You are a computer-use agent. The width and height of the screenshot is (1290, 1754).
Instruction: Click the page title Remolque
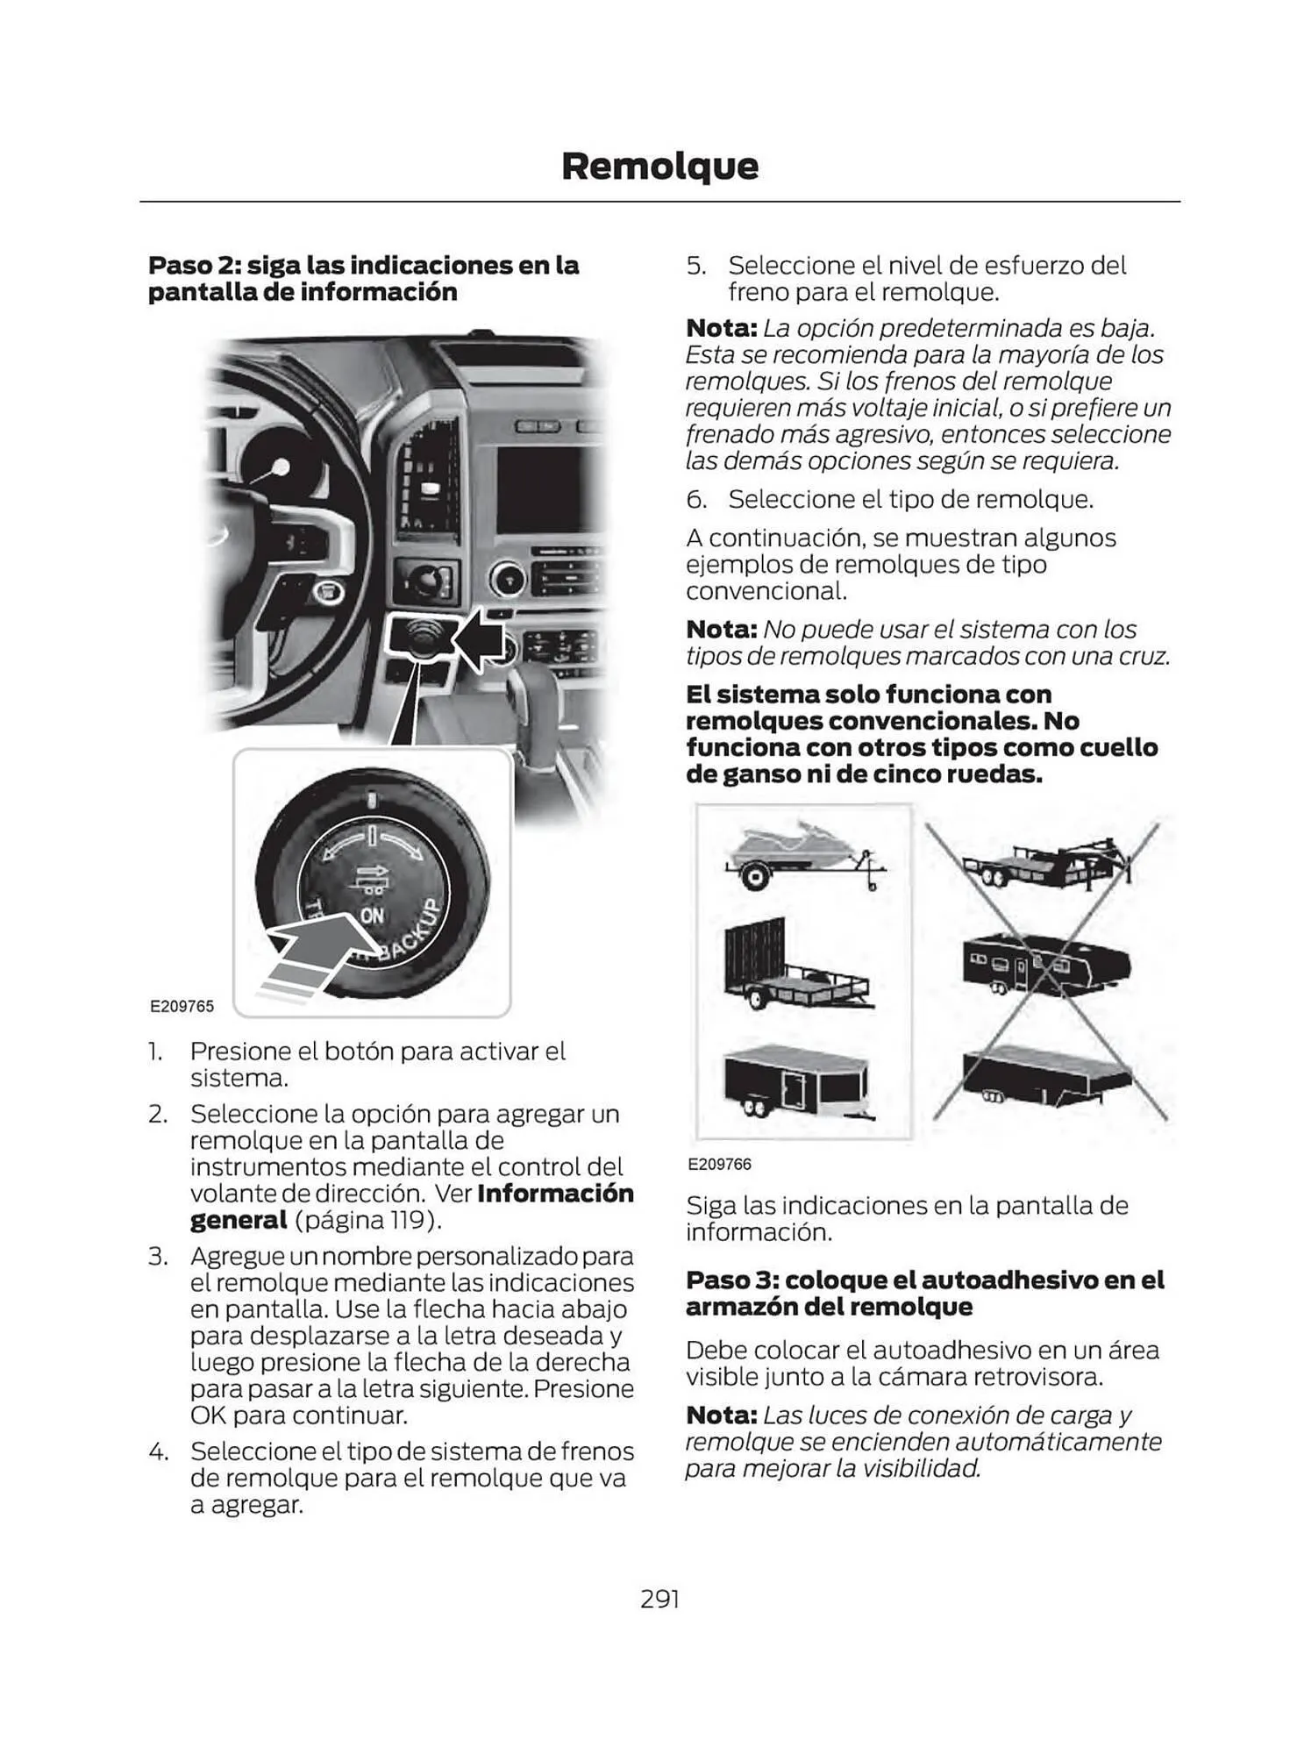(x=659, y=166)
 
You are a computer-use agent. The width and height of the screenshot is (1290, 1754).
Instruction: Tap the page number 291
(x=659, y=1599)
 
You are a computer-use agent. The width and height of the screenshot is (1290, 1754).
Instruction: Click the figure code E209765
(x=182, y=1006)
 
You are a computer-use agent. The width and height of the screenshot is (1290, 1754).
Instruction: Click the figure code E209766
(x=719, y=1164)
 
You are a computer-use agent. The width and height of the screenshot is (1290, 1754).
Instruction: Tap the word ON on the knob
(x=372, y=915)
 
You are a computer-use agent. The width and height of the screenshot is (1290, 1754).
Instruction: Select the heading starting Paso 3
(x=924, y=1293)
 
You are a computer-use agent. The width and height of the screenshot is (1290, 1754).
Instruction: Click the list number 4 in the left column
(x=158, y=1451)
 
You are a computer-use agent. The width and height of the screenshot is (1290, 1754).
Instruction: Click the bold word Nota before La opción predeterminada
(x=721, y=328)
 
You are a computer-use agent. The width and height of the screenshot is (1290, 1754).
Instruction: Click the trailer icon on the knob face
(x=372, y=877)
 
